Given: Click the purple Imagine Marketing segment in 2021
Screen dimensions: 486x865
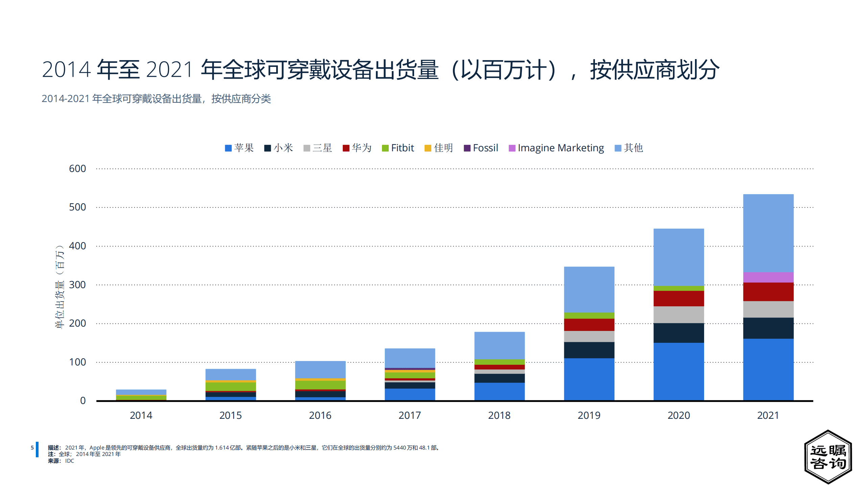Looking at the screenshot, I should (768, 277).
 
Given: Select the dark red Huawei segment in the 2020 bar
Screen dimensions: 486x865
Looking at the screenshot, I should (678, 298).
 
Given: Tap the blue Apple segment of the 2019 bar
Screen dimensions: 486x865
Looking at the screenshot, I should (589, 379).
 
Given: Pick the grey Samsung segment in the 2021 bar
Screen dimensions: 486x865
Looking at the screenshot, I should (768, 309).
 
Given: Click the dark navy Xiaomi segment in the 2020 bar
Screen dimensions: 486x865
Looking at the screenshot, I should (678, 333).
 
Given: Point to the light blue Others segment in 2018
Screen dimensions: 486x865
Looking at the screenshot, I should (499, 345).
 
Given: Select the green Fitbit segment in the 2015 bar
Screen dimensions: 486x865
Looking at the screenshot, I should (231, 386).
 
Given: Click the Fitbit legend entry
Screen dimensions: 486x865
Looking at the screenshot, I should (402, 148).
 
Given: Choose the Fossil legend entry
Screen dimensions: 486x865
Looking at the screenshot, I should (485, 148).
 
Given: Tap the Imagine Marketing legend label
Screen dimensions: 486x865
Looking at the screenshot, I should (560, 148).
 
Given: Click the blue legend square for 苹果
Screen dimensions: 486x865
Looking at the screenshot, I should (228, 148).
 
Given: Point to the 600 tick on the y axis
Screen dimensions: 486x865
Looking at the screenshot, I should (77, 169).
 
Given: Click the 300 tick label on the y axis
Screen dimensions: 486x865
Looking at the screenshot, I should (77, 285).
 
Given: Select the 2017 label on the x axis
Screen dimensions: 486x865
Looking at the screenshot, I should (410, 415).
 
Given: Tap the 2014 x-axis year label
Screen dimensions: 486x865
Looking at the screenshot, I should (141, 415).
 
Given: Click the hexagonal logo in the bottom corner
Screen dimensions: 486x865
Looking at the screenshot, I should (828, 457).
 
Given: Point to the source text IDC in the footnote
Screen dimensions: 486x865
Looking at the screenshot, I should (69, 461).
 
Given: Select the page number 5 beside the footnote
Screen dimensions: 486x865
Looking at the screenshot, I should (32, 448).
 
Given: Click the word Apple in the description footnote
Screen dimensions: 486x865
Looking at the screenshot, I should (97, 448).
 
